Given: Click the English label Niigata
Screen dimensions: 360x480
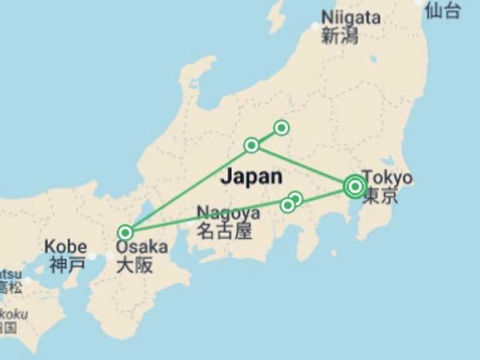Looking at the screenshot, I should [x=351, y=17].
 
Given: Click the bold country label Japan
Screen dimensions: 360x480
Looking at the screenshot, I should [x=251, y=176].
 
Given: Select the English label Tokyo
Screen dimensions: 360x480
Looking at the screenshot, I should [x=387, y=177].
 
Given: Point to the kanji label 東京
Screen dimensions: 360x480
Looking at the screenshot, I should [x=380, y=196].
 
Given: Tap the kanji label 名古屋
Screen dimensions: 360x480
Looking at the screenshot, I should [x=224, y=231].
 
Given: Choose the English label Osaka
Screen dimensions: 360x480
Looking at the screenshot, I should [x=142, y=247].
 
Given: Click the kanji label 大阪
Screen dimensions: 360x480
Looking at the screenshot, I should [x=134, y=265].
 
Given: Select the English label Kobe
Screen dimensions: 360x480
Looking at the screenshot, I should [x=66, y=247].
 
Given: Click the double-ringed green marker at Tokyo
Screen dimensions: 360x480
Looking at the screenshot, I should [x=355, y=186].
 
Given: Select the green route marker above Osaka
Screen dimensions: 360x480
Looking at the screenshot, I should [x=126, y=232].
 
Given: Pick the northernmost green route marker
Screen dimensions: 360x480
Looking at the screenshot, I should [x=281, y=128].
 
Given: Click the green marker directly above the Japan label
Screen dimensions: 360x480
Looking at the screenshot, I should [x=251, y=146].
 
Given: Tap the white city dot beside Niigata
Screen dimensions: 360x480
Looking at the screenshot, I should [x=315, y=27].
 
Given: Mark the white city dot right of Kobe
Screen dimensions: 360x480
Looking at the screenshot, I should [x=92, y=256].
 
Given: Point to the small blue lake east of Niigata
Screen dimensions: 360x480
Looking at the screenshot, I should [x=373, y=60].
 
